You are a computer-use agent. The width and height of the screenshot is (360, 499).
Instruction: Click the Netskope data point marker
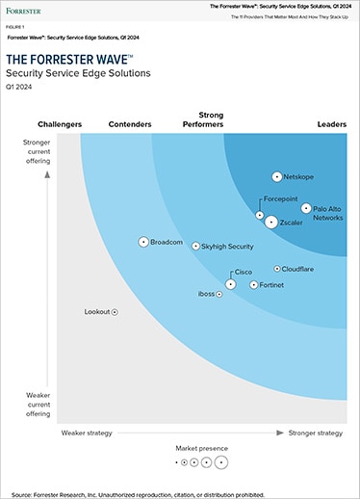click(277, 177)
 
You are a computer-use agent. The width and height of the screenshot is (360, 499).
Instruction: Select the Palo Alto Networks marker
click(306, 208)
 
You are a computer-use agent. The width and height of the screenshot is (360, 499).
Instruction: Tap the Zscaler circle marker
click(270, 223)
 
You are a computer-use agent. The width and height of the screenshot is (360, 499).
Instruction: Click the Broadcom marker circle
click(143, 242)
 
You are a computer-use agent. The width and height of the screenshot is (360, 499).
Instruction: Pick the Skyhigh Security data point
click(195, 247)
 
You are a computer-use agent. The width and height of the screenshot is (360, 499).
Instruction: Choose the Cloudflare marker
click(276, 270)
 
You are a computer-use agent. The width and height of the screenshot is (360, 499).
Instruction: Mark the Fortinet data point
click(253, 285)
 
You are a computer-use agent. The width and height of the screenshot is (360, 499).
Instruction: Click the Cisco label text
click(244, 273)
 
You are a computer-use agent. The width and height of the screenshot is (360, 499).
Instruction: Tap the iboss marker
click(219, 294)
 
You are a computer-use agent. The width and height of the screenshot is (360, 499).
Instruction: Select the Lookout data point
click(115, 312)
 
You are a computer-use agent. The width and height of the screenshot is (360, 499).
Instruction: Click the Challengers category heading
click(60, 124)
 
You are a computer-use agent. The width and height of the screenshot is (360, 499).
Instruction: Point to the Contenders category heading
click(130, 124)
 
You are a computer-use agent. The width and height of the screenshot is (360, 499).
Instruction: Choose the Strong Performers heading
click(203, 119)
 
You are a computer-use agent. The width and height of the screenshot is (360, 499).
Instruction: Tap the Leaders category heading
click(331, 124)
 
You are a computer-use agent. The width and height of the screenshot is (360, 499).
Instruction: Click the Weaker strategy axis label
click(88, 433)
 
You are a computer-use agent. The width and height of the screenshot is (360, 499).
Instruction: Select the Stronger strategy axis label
click(316, 433)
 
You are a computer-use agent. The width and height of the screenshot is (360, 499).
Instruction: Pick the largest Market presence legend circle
click(221, 462)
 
